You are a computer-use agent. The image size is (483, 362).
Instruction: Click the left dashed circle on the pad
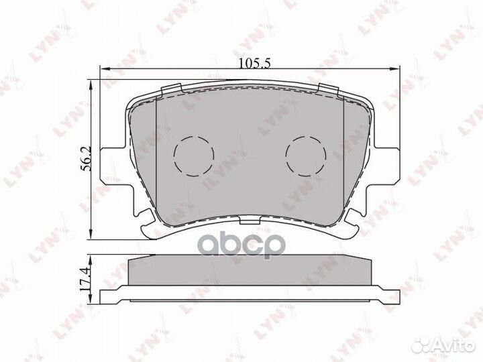pos(193,156)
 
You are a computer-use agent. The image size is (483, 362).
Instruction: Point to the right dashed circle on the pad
pos(306,156)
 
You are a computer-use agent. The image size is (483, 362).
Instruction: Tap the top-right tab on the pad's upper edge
pos(328,88)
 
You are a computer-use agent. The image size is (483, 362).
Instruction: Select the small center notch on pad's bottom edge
pos(250,219)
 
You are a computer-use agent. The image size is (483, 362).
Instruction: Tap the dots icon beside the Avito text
pos(423,345)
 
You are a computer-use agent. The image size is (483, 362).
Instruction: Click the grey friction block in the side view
pos(250,271)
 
